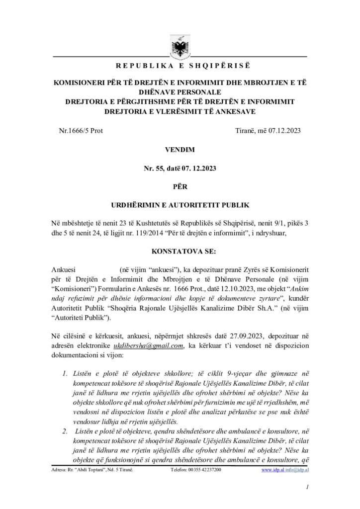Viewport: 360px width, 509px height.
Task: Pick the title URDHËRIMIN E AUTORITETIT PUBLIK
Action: (180, 204)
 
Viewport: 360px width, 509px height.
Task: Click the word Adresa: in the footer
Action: (60, 470)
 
